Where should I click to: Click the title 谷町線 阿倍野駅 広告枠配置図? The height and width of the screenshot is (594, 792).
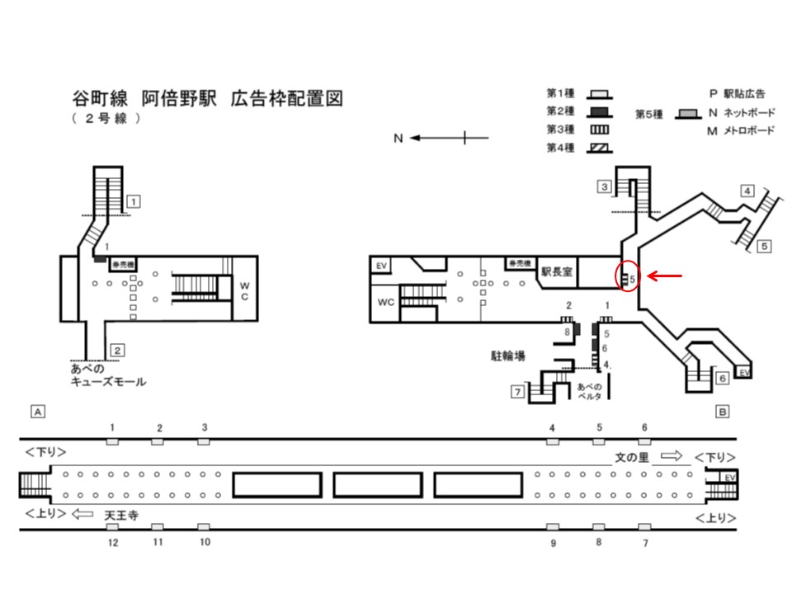(207, 100)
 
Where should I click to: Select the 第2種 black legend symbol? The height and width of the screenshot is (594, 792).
(600, 111)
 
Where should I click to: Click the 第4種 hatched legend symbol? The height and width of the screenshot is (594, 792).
(600, 148)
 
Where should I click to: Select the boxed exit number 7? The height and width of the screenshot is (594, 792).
(516, 391)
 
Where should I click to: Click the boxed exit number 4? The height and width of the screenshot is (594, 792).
(747, 191)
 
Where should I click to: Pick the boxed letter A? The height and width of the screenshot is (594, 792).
(36, 409)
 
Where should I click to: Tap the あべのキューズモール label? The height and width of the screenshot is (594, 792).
(108, 375)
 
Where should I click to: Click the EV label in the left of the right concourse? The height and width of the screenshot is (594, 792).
(381, 265)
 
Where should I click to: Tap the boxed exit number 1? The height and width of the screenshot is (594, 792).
(133, 200)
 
